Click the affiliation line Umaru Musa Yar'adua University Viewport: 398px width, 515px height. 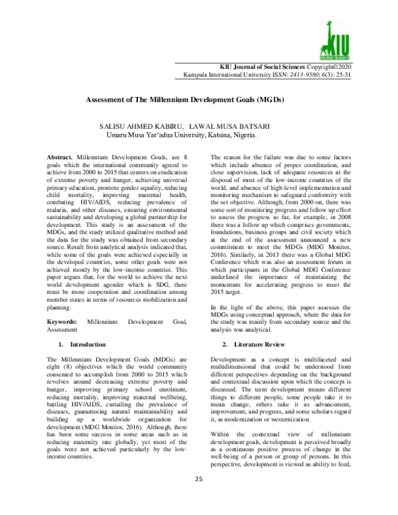click(x=155, y=134)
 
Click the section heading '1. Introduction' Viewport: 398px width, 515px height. click(x=83, y=345)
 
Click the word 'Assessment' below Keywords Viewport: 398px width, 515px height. click(x=63, y=329)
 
